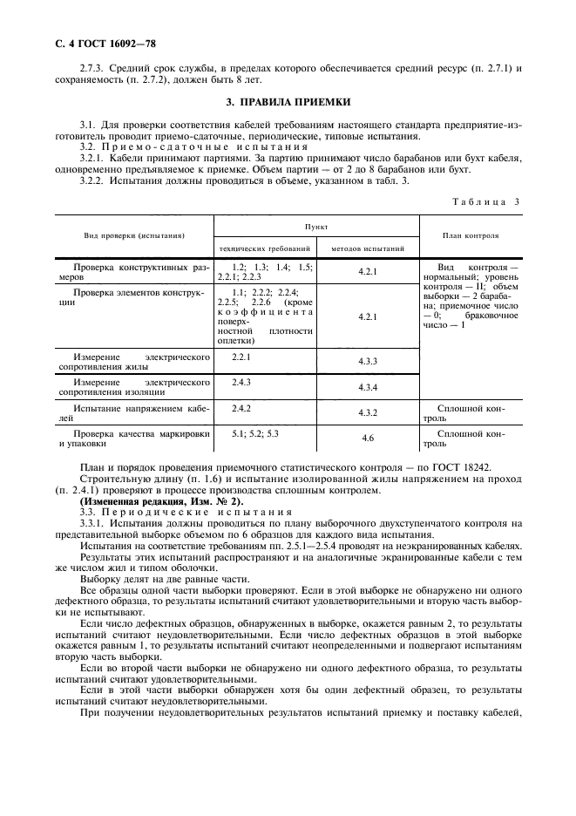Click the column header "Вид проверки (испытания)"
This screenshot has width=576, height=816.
click(x=134, y=235)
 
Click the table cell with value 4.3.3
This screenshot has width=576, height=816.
click(x=367, y=361)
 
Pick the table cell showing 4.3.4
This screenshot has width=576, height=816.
click(x=367, y=387)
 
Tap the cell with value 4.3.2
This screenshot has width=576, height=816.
click(x=367, y=412)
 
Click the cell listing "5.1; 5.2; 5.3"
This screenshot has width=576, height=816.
click(x=255, y=433)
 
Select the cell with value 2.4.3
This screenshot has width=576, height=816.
click(x=241, y=382)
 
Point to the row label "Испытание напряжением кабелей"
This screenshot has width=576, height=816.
click(x=134, y=412)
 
